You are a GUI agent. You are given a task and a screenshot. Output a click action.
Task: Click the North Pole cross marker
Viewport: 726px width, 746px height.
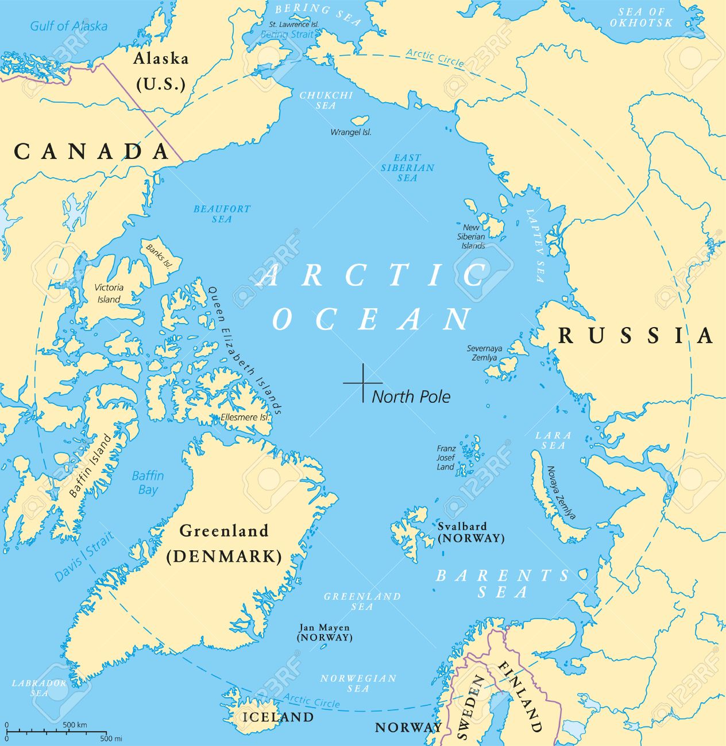point(363,382)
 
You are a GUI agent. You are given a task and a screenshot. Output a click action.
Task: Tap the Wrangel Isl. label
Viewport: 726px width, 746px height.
point(350,132)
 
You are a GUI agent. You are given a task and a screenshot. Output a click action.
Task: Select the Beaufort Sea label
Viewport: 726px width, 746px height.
point(222,214)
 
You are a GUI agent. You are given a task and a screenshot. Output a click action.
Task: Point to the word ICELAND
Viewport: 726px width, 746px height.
point(278,717)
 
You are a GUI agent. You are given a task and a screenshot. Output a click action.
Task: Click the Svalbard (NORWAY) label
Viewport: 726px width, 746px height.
point(470,533)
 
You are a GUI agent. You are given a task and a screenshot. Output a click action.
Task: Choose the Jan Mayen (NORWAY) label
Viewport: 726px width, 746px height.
point(325,632)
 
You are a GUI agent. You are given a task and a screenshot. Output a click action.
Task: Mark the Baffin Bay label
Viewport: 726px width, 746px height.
point(148,483)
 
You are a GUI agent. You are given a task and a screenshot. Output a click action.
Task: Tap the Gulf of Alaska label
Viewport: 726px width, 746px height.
point(68,26)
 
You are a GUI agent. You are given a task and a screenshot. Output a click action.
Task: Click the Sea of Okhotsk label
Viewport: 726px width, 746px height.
point(641,17)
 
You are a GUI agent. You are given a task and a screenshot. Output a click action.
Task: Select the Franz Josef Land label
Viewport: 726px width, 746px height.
point(446,458)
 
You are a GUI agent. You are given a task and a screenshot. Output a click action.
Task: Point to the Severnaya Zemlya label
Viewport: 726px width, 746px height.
point(484,353)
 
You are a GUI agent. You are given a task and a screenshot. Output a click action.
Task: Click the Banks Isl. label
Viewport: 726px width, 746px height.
point(159,257)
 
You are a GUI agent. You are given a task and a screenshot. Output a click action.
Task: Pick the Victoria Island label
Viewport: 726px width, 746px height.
point(109,293)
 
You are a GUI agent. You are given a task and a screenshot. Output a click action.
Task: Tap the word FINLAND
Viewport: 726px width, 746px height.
point(520,696)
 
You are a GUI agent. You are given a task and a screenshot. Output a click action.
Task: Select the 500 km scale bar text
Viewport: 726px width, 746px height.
point(75,725)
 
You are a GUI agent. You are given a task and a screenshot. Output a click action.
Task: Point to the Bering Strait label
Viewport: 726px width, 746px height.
point(287,34)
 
